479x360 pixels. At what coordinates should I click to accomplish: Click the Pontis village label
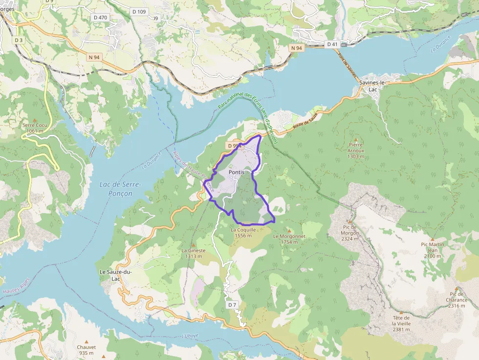pos(236,172)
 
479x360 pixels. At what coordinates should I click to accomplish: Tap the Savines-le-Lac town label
pos(373,86)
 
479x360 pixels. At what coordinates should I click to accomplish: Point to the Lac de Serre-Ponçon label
pos(120,189)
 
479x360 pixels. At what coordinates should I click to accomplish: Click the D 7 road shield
pos(232,305)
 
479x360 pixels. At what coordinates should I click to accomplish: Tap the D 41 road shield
pos(332,44)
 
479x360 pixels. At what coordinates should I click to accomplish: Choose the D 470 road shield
pos(100,17)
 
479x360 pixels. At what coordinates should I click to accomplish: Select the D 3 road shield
pos(19,40)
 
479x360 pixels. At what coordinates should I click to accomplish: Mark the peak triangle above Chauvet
pos(87,341)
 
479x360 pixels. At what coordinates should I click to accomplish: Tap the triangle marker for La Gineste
pos(193,245)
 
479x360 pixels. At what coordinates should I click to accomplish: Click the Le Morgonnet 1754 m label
pos(289,239)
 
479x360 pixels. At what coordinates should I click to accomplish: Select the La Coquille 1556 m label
pos(243,232)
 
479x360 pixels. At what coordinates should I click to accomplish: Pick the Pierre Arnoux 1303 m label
pos(356,150)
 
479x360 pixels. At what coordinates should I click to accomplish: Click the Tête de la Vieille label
pos(401,323)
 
